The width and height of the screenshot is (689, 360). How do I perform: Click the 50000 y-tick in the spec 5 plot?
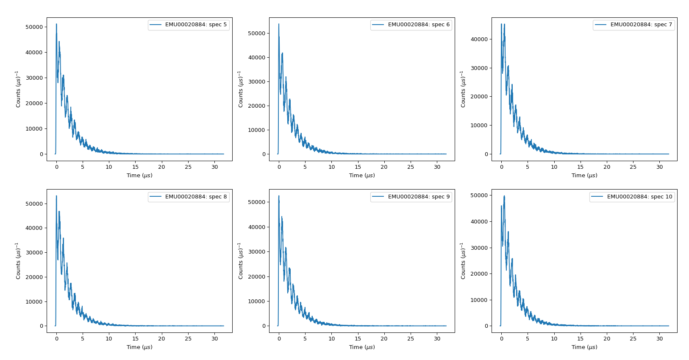[34, 27]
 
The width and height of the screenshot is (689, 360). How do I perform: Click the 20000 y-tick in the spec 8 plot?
[34, 277]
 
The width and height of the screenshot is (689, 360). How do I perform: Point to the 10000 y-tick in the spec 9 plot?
[257, 301]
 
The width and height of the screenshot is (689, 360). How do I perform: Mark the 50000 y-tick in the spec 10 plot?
[479, 195]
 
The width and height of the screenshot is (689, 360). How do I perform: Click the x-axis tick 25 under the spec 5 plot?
[188, 167]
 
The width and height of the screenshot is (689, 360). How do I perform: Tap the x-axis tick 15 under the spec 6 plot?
[358, 167]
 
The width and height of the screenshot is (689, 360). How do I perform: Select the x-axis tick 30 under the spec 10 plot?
[660, 338]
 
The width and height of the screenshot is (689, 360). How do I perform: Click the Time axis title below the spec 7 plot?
[584, 175]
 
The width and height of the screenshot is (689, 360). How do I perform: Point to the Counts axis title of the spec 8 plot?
[18, 261]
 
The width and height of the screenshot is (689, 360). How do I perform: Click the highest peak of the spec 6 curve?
[279, 24]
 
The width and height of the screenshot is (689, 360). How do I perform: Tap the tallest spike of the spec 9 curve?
[279, 196]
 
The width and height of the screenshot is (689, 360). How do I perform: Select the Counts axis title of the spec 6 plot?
[241, 89]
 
